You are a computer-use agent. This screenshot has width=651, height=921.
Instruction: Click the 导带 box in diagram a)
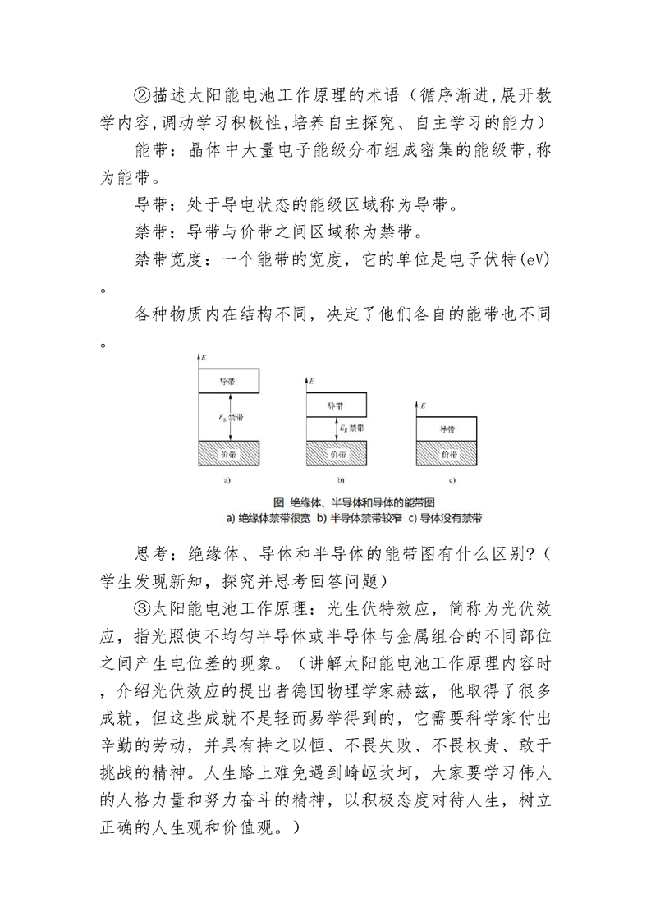(x=229, y=383)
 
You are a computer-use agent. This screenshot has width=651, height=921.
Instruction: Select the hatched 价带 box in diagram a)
(x=229, y=453)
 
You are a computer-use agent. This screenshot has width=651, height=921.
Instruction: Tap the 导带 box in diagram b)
(x=336, y=406)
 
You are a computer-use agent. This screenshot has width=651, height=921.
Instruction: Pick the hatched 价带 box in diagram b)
(x=336, y=453)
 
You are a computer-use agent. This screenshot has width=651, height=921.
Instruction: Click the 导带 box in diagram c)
(x=447, y=428)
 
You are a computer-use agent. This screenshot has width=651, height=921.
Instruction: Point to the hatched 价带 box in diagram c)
(x=447, y=453)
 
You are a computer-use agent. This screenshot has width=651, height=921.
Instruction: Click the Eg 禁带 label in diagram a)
(x=232, y=418)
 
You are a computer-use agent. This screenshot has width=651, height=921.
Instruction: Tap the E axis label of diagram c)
(x=423, y=406)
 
